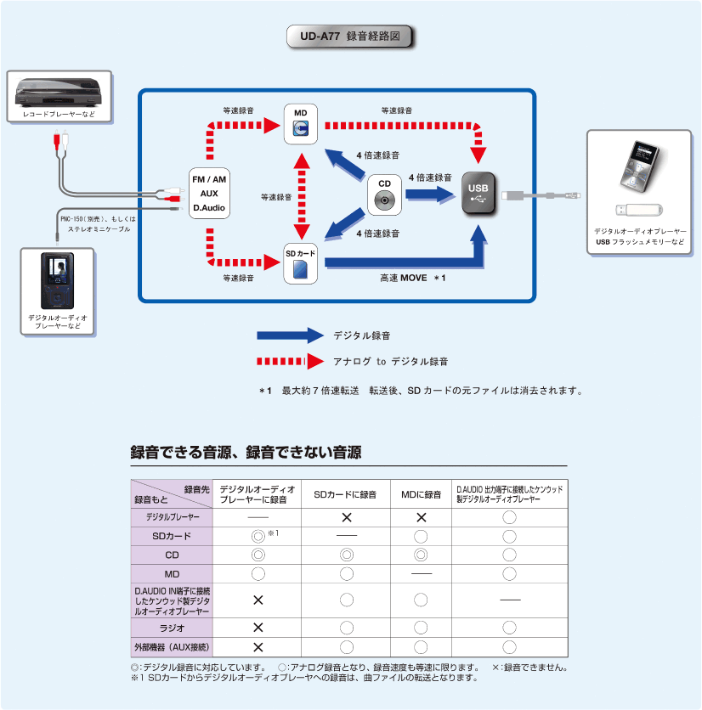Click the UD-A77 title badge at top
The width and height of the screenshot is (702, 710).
pos(351,37)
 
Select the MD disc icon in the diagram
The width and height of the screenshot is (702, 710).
pos(300,127)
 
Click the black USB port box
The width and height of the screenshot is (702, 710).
pos(478,195)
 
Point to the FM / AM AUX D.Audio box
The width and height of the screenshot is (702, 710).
pos(209,194)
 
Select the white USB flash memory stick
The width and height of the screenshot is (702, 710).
pos(640,210)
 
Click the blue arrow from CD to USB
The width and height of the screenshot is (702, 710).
pos(433,194)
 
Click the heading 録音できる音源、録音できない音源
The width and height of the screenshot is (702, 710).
pos(246,453)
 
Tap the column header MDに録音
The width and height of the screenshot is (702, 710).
pos(421,493)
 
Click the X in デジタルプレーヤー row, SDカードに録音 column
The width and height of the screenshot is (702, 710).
pos(346,517)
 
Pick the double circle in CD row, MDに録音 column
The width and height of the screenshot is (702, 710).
pos(421,555)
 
